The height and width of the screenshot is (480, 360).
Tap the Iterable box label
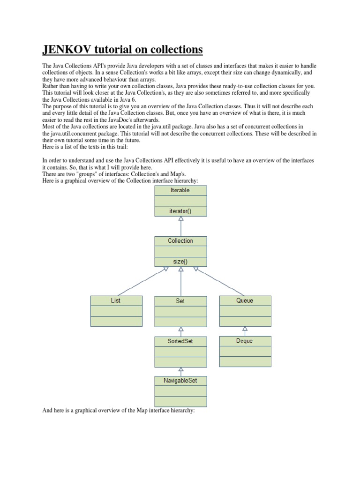coord(180,190)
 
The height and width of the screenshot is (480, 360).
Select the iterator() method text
coord(180,211)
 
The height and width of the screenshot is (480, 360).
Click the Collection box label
coord(180,241)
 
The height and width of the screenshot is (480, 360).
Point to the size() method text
coord(180,262)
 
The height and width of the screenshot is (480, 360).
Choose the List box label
coord(116,300)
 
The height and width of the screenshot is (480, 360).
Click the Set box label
coord(180,301)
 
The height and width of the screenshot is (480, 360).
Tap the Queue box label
coord(245,300)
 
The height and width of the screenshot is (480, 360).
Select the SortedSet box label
coord(180,341)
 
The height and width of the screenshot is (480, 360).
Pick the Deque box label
coord(245,341)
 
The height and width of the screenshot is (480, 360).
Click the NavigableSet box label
coord(180,381)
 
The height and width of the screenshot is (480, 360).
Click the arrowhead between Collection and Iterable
coord(181,219)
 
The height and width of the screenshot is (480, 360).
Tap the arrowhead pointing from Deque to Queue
coord(245,329)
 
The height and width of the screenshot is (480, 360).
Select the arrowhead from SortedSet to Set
coord(181,329)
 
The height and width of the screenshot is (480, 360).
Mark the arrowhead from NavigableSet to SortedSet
coord(181,369)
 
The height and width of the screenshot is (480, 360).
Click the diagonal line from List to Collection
coord(141,283)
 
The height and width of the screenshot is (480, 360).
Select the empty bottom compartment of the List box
coord(116,321)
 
